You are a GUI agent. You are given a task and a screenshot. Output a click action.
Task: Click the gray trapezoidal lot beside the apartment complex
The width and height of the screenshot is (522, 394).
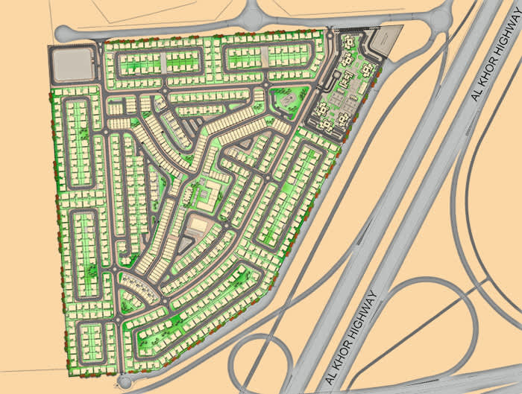pos(386,41)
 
